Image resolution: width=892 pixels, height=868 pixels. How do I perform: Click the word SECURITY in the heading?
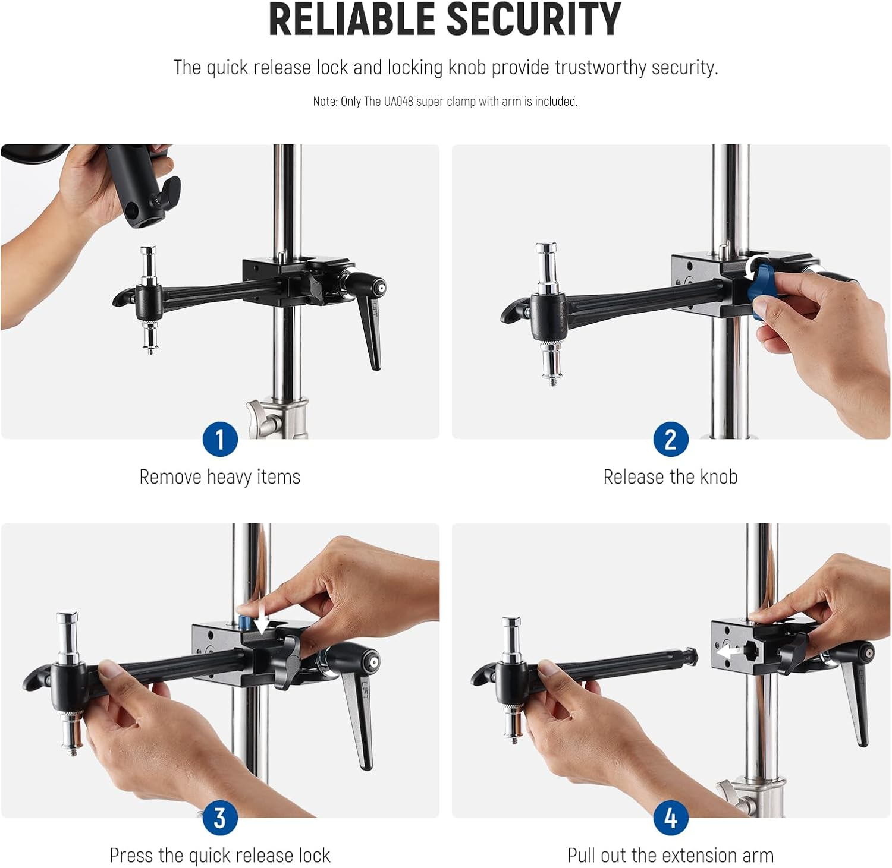[x=533, y=20]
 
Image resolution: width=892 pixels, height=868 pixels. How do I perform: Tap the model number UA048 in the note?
[x=398, y=102]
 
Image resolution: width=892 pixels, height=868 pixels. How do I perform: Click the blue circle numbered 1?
[x=220, y=440]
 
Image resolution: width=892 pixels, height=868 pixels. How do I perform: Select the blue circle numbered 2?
[x=671, y=440]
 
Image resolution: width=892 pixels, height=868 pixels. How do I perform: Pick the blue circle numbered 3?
[x=220, y=818]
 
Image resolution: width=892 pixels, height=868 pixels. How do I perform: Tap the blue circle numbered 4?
[x=671, y=818]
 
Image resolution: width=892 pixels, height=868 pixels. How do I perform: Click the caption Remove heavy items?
[x=219, y=477]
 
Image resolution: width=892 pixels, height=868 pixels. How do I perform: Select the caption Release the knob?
[x=670, y=477]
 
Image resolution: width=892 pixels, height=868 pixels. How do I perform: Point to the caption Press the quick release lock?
[x=219, y=856]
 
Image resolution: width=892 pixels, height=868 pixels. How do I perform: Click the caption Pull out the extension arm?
[x=670, y=856]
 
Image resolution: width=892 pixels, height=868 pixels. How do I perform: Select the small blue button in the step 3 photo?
[x=244, y=623]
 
